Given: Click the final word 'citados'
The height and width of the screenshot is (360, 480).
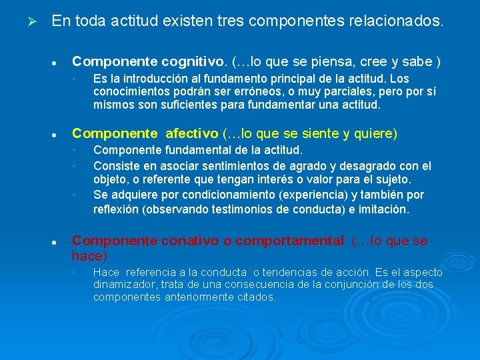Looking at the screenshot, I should coord(257,297).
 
